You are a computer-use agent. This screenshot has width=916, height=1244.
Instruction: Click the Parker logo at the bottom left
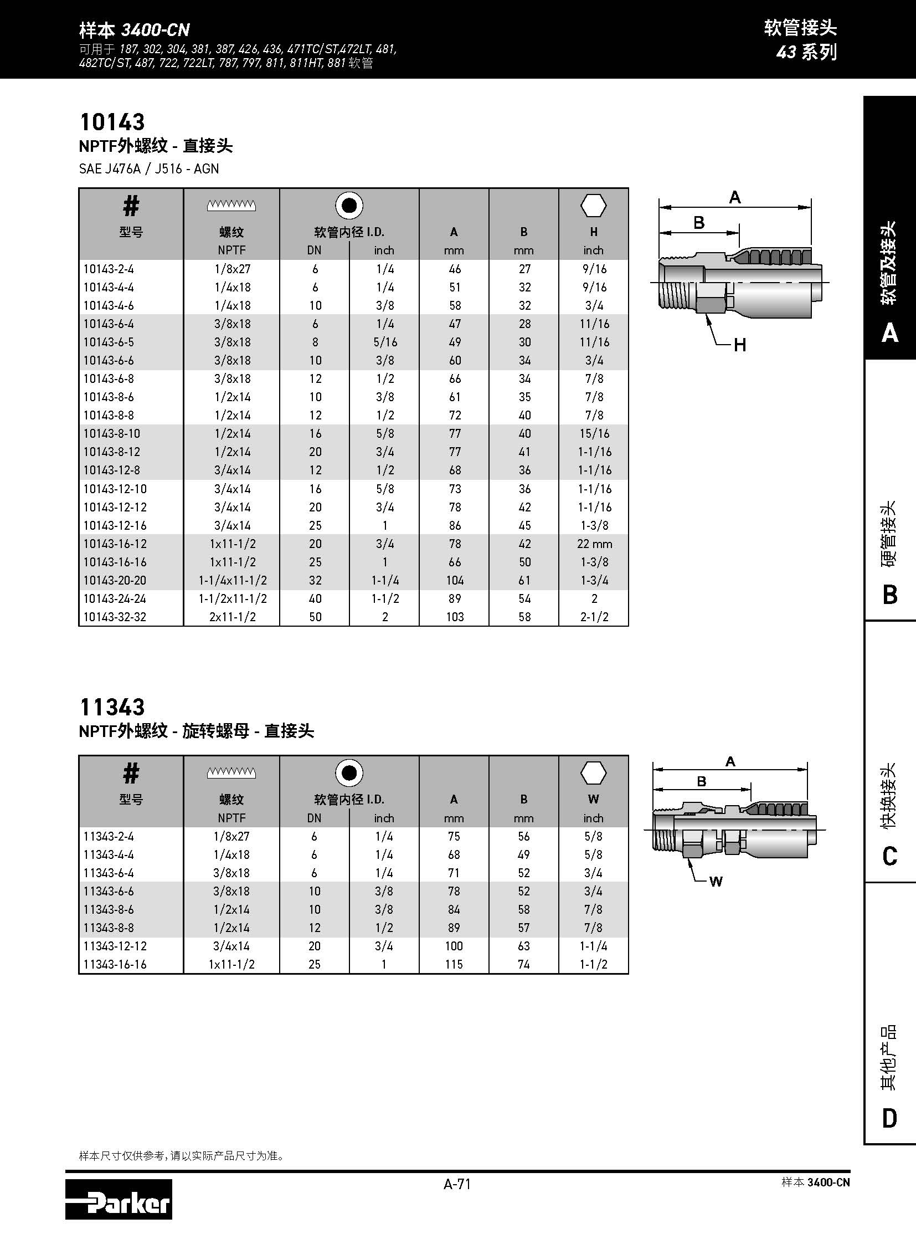[x=118, y=1205]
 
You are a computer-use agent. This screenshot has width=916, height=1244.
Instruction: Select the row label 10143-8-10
[x=111, y=433]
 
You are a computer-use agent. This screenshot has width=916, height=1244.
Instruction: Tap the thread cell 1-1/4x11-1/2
[x=233, y=580]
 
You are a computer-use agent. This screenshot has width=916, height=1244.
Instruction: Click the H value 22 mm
[x=594, y=544]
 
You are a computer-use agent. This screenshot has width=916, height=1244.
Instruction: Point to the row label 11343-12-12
[x=115, y=946]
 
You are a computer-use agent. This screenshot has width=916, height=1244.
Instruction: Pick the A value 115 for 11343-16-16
[x=454, y=964]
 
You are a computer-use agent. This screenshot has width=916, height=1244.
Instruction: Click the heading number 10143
[x=112, y=122]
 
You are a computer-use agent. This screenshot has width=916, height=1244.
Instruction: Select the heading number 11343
[x=112, y=707]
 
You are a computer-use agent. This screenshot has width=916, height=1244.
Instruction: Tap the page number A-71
[x=457, y=1184]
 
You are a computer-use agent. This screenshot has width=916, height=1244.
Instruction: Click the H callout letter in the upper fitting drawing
[x=740, y=345]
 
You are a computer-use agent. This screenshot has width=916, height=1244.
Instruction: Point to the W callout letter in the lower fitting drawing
[x=716, y=882]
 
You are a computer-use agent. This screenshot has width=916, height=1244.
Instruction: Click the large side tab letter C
[x=889, y=856]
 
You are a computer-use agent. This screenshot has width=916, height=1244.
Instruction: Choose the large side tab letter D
[x=889, y=1118]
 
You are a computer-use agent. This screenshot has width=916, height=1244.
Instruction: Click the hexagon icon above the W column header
[x=593, y=772]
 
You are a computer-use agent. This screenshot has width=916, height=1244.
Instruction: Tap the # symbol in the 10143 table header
[x=131, y=206]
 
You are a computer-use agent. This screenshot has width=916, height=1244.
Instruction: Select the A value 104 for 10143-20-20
[x=454, y=580]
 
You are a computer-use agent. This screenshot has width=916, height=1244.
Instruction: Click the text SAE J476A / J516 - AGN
[x=148, y=168]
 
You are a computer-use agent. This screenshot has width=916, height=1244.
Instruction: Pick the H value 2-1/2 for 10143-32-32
[x=594, y=617]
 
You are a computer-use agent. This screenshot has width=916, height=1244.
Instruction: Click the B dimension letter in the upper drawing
[x=699, y=223]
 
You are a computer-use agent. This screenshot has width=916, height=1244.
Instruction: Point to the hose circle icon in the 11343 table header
[x=349, y=773]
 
